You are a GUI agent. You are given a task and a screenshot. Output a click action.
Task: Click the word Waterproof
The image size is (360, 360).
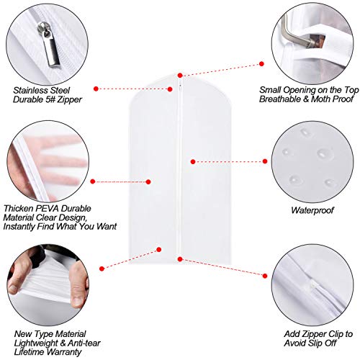[x=315, y=211]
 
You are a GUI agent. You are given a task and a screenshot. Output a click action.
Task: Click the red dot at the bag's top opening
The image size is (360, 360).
[x=180, y=74]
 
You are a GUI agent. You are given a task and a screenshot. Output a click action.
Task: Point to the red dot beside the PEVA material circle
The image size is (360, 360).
[x=97, y=181]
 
